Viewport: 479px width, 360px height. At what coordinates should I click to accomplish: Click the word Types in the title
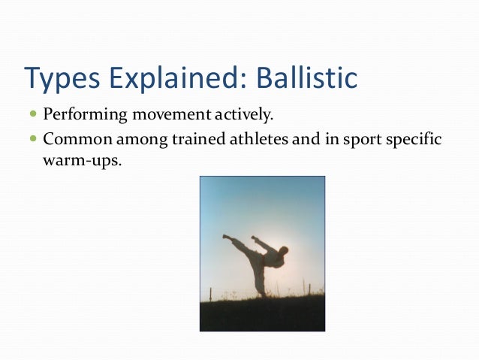pos(61,77)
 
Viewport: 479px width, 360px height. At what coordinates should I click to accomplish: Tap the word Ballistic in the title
pos(305,77)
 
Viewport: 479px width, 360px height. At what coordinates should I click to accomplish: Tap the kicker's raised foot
pos(226,237)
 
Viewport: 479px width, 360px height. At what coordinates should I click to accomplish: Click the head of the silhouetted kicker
pos(283,250)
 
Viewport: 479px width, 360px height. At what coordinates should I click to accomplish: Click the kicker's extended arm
pos(260,242)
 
